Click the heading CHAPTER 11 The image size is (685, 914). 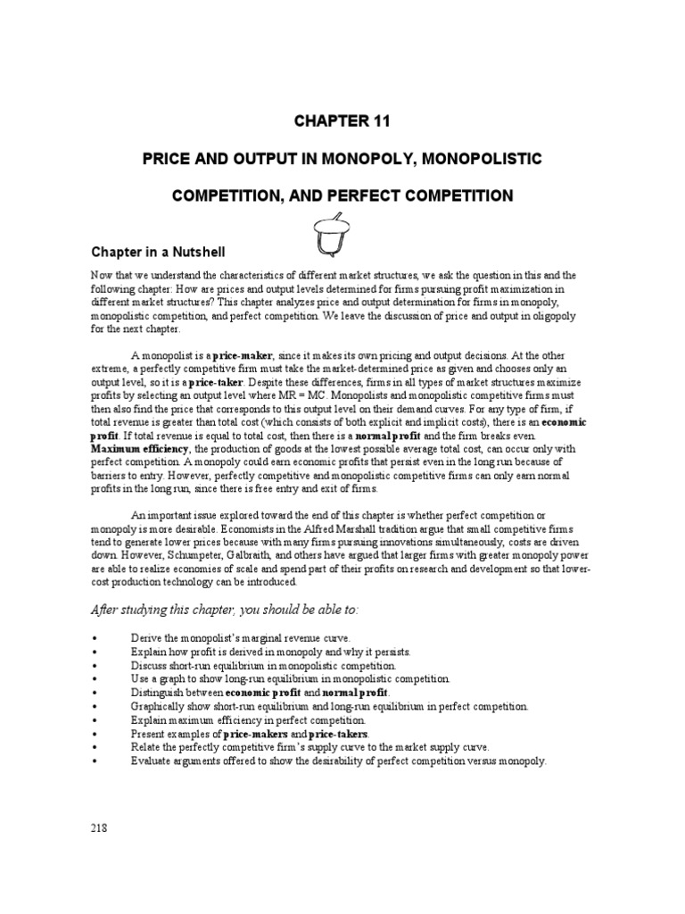point(342,120)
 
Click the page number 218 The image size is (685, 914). point(98,827)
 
